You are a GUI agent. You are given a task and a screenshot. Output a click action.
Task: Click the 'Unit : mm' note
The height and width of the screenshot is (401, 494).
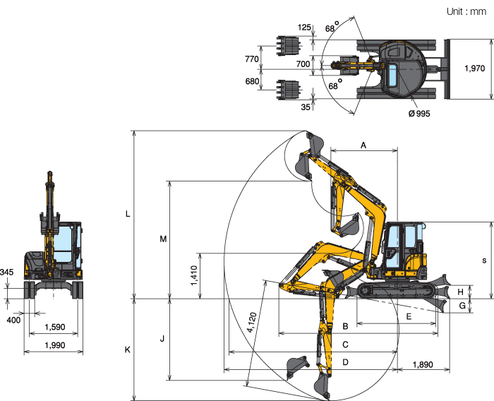click(466, 12)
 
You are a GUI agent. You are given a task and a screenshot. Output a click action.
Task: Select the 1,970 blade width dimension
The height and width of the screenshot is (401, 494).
click(474, 68)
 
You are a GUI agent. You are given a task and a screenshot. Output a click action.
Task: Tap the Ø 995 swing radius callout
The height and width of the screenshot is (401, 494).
click(419, 114)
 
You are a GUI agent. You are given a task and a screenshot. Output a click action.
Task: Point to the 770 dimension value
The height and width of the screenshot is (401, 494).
click(252, 59)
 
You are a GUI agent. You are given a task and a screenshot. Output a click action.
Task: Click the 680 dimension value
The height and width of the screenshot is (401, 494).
click(252, 81)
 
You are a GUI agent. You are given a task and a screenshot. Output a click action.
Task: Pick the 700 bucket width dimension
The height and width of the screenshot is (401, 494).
click(303, 64)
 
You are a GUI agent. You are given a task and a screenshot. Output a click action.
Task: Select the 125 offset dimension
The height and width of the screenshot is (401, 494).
click(304, 28)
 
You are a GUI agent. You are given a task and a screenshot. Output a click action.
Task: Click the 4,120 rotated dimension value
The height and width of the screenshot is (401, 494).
click(253, 322)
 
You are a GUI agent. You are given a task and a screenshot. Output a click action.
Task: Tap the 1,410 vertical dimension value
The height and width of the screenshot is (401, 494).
click(194, 275)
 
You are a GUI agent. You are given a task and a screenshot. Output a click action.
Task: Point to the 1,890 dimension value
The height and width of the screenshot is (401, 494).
click(423, 365)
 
